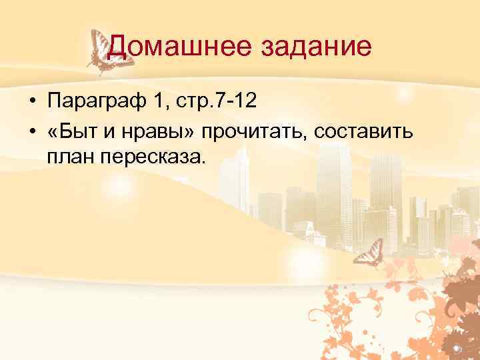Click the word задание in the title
[315, 47]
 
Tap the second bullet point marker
[31, 131]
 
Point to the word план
[69, 157]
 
